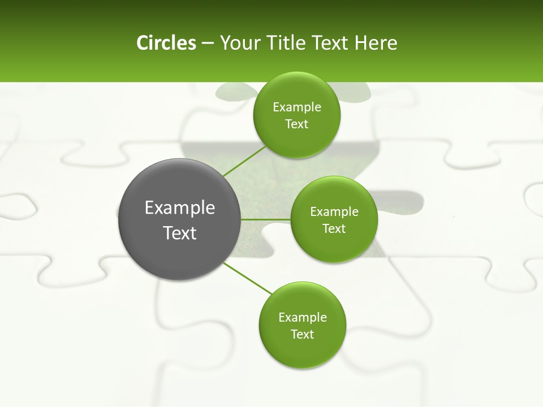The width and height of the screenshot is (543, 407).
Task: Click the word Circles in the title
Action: click(166, 43)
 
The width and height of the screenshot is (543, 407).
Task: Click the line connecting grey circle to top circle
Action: click(245, 161)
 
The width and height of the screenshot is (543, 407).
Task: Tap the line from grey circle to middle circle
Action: click(266, 219)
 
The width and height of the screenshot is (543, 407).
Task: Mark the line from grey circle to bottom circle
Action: click(248, 278)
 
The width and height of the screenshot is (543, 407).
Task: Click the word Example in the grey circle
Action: click(180, 208)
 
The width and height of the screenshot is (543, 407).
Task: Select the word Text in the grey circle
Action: click(180, 233)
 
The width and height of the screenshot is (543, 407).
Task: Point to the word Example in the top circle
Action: click(297, 107)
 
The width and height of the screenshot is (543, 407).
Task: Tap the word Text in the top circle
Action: click(297, 124)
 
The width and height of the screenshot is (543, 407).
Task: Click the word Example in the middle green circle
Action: click(334, 212)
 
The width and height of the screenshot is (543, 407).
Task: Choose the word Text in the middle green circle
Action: click(334, 229)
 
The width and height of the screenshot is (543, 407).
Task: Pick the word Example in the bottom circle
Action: click(303, 318)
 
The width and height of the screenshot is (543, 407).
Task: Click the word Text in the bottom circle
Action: click(303, 335)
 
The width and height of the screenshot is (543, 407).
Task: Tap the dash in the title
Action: click(208, 44)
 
